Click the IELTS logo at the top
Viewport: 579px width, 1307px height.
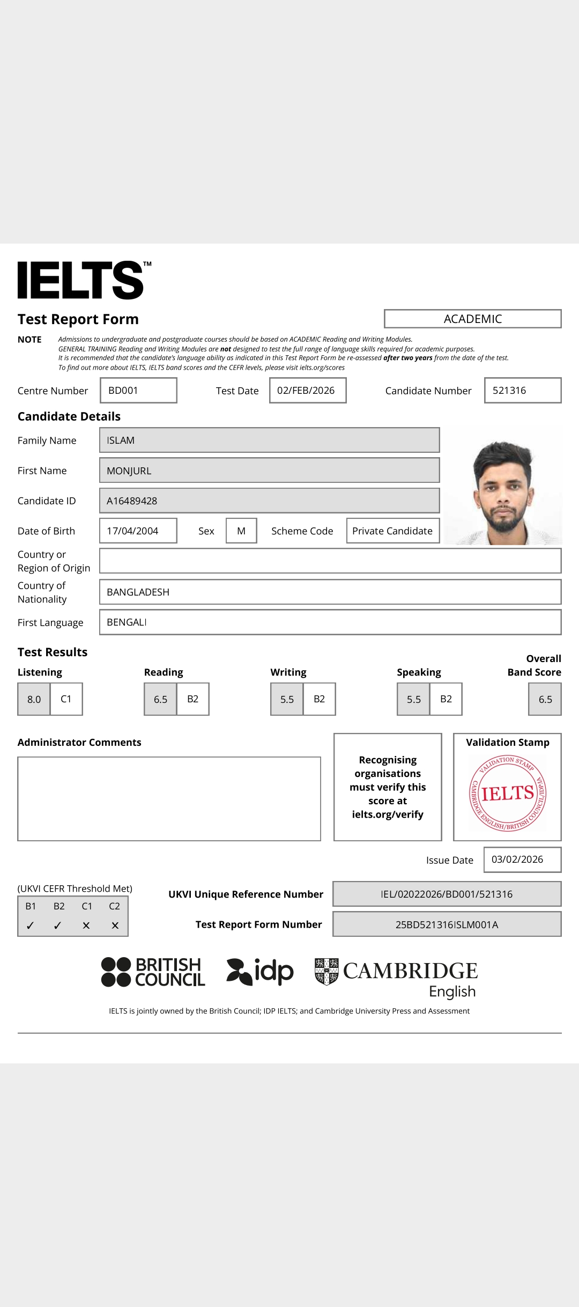[x=81, y=280]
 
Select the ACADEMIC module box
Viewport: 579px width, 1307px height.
[x=472, y=319]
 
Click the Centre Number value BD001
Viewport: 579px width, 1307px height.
[x=138, y=391]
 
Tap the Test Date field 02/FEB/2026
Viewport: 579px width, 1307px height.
[x=307, y=391]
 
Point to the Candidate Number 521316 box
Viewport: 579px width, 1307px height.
[x=522, y=391]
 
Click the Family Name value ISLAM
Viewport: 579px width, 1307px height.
[x=269, y=440]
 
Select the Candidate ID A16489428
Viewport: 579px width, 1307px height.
[x=269, y=501]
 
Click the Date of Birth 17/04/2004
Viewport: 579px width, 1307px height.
[x=138, y=531]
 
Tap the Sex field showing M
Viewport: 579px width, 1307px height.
[x=241, y=531]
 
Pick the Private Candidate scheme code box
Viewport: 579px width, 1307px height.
[x=392, y=531]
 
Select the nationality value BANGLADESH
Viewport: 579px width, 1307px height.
[x=330, y=592]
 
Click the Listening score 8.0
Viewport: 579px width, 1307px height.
[x=34, y=699]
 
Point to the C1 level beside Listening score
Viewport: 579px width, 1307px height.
[x=66, y=699]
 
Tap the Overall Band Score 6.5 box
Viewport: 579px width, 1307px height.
[x=545, y=699]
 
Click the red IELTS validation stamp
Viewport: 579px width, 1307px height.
[x=507, y=793]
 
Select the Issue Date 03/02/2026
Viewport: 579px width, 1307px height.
[x=522, y=860]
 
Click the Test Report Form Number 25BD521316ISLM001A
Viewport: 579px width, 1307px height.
[x=447, y=924]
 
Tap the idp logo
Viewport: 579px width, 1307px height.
[x=261, y=972]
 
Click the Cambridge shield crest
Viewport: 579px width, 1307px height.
[x=326, y=972]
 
